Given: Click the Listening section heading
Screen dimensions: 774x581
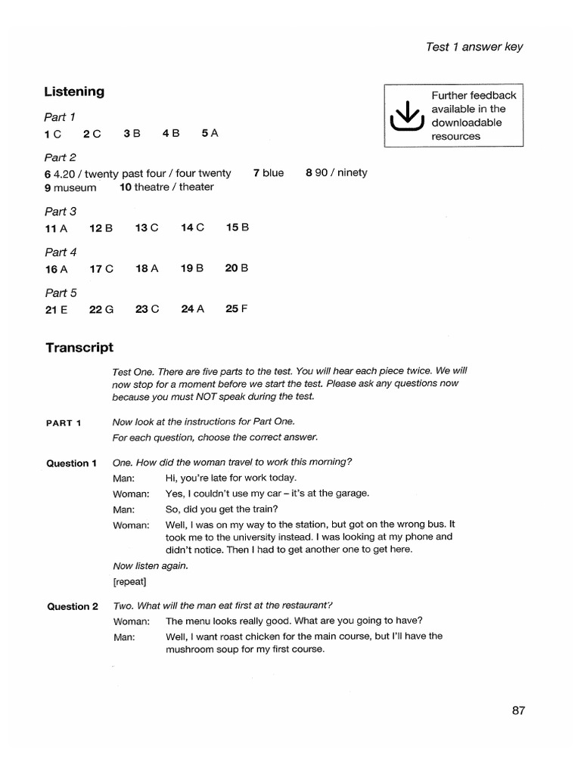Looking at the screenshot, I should pyautogui.click(x=74, y=91).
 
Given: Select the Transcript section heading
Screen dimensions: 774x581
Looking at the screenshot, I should pyautogui.click(x=79, y=348).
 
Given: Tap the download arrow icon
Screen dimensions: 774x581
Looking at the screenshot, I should pyautogui.click(x=407, y=116).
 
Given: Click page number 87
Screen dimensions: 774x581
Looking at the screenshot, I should pyautogui.click(x=517, y=710).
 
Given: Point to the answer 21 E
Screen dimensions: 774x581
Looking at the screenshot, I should pyautogui.click(x=57, y=308).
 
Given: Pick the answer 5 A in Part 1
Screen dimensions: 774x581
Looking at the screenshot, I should pyautogui.click(x=210, y=133).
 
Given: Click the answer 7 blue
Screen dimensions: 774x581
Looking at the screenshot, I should pyautogui.click(x=269, y=173).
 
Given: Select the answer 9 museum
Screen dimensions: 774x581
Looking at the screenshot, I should pyautogui.click(x=70, y=187).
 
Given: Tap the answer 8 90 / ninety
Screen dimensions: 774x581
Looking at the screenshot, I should pyautogui.click(x=336, y=173).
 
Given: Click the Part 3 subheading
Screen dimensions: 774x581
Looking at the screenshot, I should pyautogui.click(x=61, y=212).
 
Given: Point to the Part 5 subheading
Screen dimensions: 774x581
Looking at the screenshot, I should pyautogui.click(x=61, y=293).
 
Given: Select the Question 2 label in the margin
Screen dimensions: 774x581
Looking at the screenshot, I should pyautogui.click(x=72, y=606).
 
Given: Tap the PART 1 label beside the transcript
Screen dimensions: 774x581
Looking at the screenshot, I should pyautogui.click(x=64, y=423).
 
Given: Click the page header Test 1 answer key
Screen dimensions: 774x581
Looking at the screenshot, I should pyautogui.click(x=474, y=47).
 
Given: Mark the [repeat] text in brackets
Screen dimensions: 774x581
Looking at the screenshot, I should pyautogui.click(x=129, y=581).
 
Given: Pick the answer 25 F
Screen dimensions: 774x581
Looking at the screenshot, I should pyautogui.click(x=237, y=308).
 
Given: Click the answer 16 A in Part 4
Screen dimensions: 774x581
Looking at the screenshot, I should pyautogui.click(x=56, y=268).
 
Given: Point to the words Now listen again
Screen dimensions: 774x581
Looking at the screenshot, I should pyautogui.click(x=150, y=565).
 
